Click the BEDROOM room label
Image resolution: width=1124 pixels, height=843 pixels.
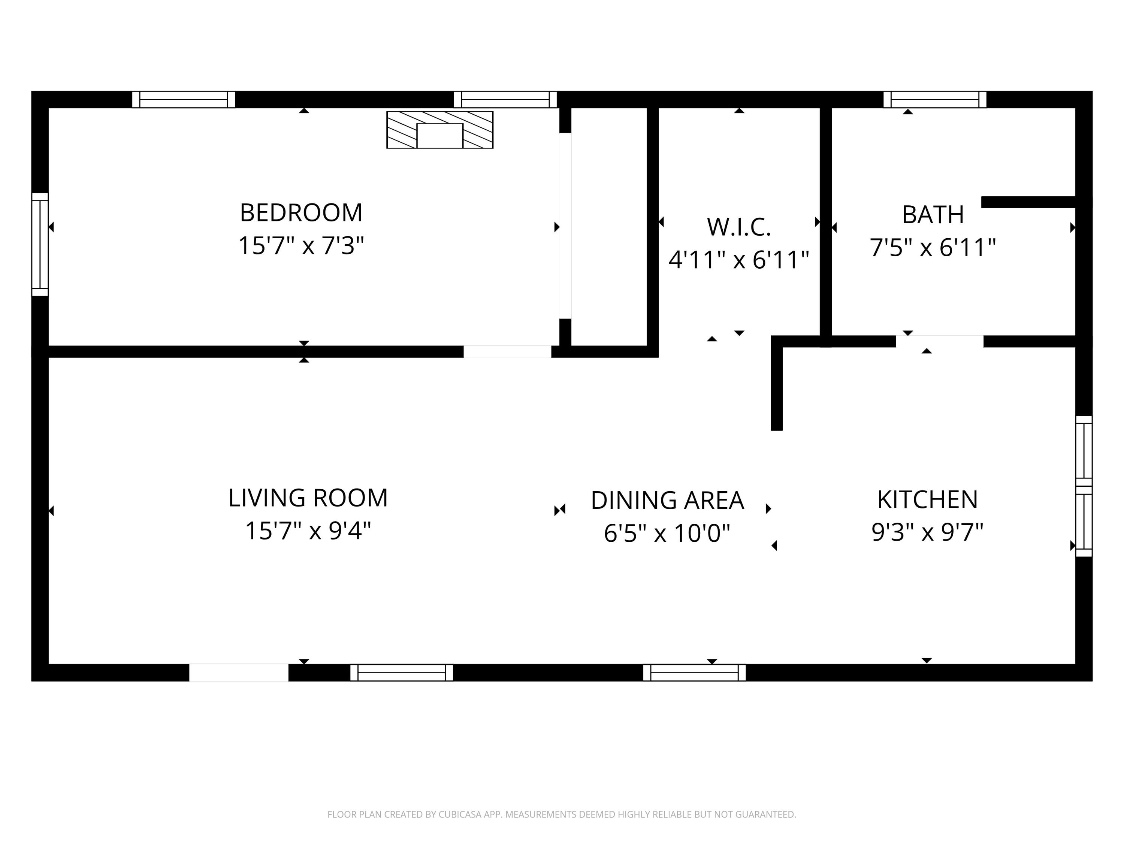click(301, 213)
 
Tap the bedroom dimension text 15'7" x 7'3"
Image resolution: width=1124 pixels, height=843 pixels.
click(301, 246)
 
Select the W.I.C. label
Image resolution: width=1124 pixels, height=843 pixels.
click(739, 227)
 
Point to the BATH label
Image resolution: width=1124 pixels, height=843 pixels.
click(933, 215)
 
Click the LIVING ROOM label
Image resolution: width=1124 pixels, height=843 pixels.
click(308, 498)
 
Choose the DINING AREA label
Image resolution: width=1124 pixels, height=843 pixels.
click(667, 501)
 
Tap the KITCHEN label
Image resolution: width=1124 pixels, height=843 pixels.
click(927, 499)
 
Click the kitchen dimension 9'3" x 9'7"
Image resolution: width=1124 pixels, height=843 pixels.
click(927, 532)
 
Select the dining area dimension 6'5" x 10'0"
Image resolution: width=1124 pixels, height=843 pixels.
click(667, 534)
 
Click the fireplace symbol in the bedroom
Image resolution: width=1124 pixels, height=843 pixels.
click(439, 130)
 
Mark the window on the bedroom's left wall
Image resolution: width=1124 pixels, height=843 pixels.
click(40, 244)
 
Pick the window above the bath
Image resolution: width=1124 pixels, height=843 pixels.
click(934, 100)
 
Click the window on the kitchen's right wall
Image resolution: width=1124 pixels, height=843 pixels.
click(1084, 486)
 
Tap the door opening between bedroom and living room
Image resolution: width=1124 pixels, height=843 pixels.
click(507, 352)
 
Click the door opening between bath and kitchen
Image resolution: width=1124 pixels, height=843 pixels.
click(939, 341)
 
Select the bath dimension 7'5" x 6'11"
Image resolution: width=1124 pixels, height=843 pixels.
click(933, 248)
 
